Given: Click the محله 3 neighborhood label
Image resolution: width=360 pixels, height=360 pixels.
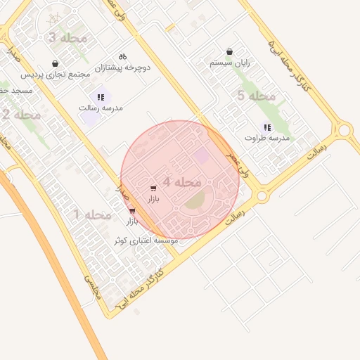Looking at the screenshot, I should pyautogui.click(x=68, y=37).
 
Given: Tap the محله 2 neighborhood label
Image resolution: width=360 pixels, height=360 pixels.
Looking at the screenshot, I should pyautogui.click(x=21, y=114).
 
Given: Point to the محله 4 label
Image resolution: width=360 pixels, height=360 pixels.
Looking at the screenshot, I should pyautogui.click(x=182, y=181).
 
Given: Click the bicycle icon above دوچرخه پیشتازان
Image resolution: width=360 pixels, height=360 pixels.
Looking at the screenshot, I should pyautogui.click(x=122, y=56).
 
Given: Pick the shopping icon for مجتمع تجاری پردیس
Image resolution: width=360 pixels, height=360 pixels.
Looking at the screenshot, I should pyautogui.click(x=55, y=64).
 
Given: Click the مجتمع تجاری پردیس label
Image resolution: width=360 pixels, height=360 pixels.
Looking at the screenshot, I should pyautogui.click(x=53, y=75).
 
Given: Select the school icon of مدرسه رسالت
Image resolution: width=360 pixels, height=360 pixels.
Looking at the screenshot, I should pyautogui.click(x=101, y=97).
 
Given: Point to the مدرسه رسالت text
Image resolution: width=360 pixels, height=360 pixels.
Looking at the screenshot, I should pyautogui.click(x=103, y=108).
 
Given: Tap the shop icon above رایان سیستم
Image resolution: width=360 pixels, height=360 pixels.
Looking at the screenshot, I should pyautogui.click(x=230, y=52).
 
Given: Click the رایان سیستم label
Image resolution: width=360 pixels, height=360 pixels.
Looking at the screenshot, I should pyautogui.click(x=231, y=63).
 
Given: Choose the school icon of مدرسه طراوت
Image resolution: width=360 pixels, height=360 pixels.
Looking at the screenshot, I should pyautogui.click(x=266, y=127).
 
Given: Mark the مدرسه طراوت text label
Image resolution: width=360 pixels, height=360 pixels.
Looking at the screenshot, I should pyautogui.click(x=266, y=138).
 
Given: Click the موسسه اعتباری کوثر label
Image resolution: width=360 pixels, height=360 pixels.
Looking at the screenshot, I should pyautogui.click(x=146, y=240).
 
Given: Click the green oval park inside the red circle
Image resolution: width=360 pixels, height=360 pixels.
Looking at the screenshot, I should pyautogui.click(x=195, y=202).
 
